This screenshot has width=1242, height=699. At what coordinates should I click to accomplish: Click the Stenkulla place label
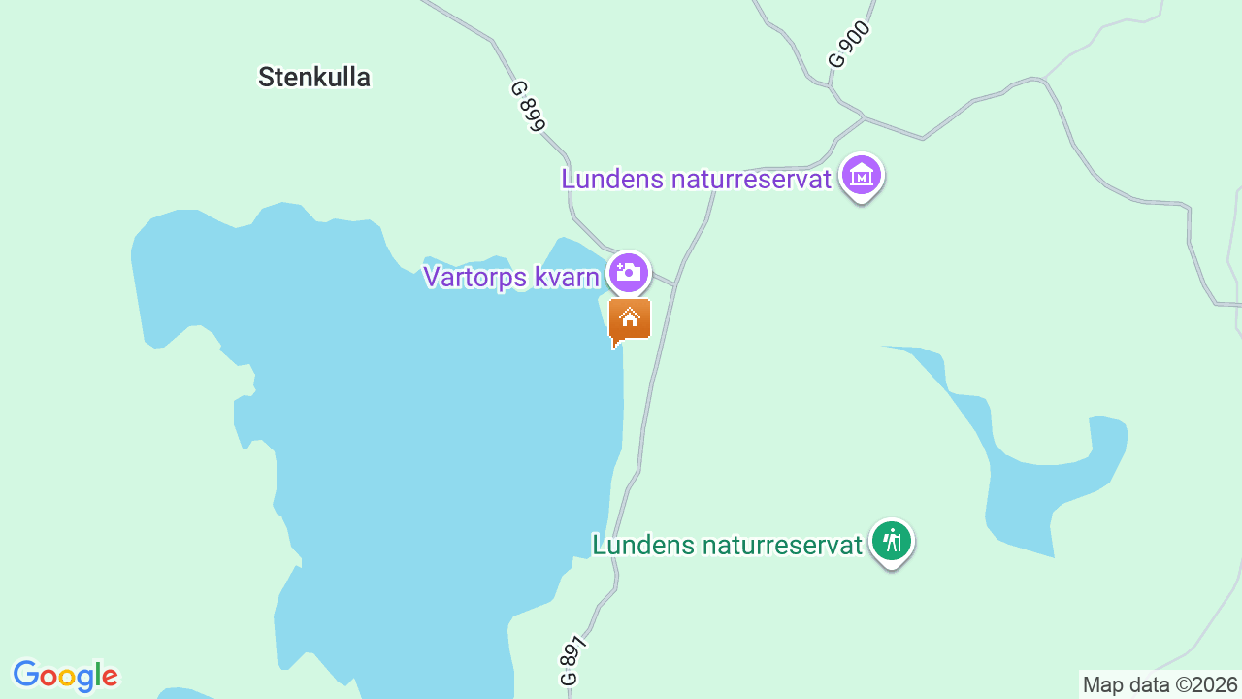313,78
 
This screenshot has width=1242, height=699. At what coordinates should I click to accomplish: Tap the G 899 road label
529,105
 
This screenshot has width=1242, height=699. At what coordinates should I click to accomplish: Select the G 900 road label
850,45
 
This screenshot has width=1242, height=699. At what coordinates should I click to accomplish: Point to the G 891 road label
574,661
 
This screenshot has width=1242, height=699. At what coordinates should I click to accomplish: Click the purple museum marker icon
862,177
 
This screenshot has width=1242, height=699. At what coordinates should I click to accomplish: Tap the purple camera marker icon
629,272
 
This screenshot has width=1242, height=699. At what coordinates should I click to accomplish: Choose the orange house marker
630,319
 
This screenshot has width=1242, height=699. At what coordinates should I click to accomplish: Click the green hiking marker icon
891,541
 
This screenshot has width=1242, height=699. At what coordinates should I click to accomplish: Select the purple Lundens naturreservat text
697,180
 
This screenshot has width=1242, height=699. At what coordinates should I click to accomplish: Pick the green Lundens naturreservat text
727,545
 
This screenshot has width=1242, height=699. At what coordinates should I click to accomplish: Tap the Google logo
65,676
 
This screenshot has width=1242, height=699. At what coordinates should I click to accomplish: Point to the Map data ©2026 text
1160,685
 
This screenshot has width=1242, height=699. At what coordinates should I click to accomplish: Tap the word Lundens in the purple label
612,180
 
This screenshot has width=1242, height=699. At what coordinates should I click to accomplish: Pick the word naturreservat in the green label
781,545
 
